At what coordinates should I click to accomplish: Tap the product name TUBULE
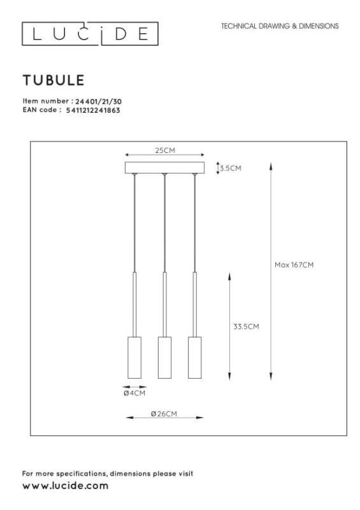click(x=54, y=80)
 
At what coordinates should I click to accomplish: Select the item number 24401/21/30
click(x=99, y=101)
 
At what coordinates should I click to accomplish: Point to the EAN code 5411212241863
click(x=93, y=110)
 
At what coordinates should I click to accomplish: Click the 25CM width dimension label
click(x=165, y=150)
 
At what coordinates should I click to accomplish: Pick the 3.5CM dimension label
click(x=231, y=168)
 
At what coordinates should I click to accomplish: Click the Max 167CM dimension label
click(x=294, y=265)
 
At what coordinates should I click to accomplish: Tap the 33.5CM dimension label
click(x=246, y=326)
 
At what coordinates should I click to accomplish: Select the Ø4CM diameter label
click(x=134, y=393)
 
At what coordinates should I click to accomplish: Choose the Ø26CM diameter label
click(x=164, y=414)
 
